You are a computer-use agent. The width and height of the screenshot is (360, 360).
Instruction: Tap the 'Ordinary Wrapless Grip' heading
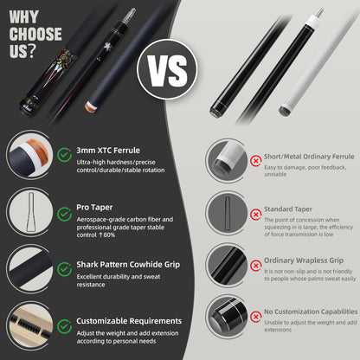click(303, 259)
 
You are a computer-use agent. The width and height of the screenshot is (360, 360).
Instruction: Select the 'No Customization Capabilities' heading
click(310, 311)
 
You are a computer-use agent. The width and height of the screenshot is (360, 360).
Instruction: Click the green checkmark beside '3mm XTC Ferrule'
click(64, 155)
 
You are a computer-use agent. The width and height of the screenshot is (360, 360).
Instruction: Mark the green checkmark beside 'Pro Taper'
click(64, 210)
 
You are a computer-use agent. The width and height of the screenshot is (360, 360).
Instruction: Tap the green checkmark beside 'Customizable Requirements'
click(64, 322)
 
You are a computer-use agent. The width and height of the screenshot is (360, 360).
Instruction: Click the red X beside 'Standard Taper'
click(256, 214)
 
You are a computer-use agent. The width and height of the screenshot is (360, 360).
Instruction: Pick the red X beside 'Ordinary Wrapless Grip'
click(256, 264)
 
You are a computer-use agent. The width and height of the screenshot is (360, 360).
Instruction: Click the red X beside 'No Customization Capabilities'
click(256, 315)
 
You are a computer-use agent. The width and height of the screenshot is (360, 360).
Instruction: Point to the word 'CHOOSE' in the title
click(35, 35)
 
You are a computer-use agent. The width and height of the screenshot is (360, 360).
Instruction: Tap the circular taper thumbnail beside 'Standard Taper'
click(228, 215)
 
